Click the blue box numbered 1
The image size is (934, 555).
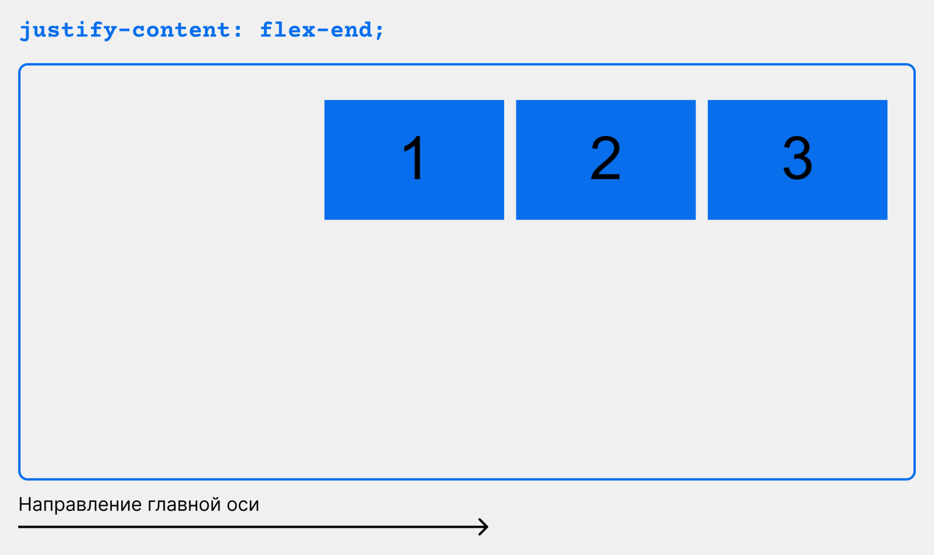pyautogui.click(x=414, y=160)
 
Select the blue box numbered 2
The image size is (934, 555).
pyautogui.click(x=606, y=160)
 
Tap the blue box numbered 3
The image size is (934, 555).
pyautogui.click(x=798, y=160)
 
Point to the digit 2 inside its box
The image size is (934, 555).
pyautogui.click(x=605, y=157)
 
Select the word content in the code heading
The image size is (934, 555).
pyautogui.click(x=181, y=30)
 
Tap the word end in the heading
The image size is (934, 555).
pyautogui.click(x=351, y=29)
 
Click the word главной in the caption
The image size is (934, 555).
pyautogui.click(x=184, y=505)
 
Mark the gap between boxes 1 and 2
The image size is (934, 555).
pyautogui.click(x=510, y=160)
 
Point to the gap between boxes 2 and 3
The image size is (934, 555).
pyautogui.click(x=702, y=160)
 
